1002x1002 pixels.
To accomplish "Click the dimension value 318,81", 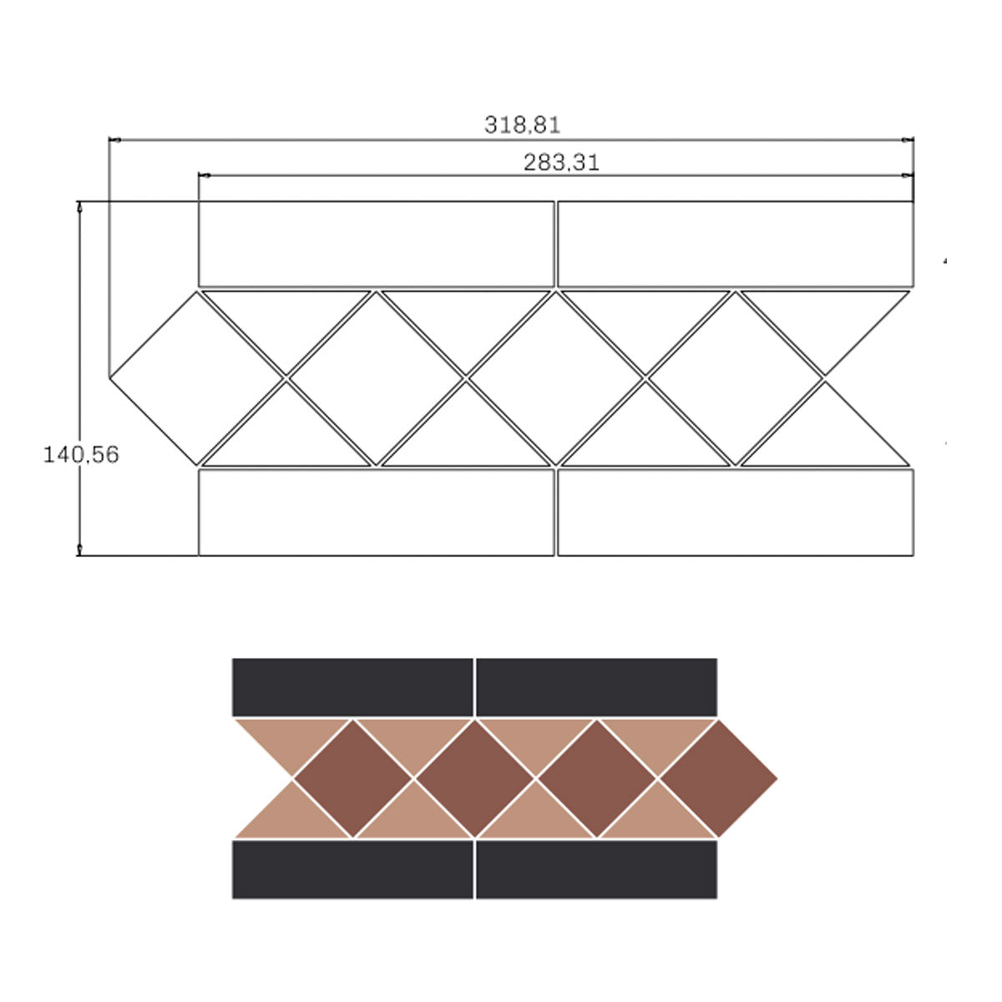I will pos(522,125).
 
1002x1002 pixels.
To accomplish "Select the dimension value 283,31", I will pos(561,163).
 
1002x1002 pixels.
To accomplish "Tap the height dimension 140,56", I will pos(81,455).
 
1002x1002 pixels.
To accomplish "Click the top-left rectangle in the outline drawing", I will pos(376,244).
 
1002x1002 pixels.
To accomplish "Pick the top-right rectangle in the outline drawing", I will pos(735,244).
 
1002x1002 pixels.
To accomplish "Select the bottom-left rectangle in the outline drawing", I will pos(376,512).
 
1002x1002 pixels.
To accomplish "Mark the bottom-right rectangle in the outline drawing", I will pos(735,512).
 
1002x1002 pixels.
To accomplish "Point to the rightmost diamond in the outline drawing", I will pos(734,377).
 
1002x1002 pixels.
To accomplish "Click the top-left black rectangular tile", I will pos(352,687).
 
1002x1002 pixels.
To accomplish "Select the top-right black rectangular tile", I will pos(596,687).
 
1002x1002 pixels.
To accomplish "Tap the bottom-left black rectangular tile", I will pos(352,869).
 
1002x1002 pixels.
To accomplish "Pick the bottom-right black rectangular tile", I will pos(596,869).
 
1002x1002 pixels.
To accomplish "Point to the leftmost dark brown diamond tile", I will pos(353,778).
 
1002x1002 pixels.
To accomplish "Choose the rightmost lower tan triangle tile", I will pos(656,816).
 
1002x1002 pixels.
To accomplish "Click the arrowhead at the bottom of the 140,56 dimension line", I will pos(80,549).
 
